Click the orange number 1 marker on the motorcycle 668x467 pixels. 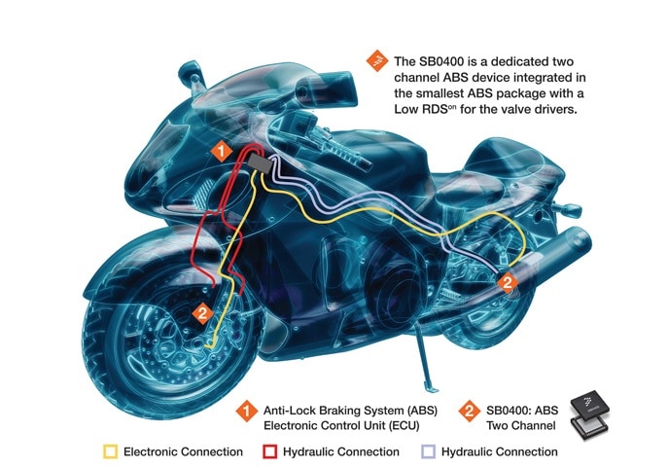pyautogui.click(x=223, y=151)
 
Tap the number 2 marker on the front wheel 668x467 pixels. pyautogui.click(x=201, y=313)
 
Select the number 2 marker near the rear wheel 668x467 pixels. pyautogui.click(x=507, y=282)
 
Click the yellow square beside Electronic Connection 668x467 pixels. pyautogui.click(x=110, y=451)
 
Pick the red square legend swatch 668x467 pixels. pyautogui.click(x=271, y=451)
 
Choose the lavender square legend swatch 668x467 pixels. pyautogui.click(x=429, y=451)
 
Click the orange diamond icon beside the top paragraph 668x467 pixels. pyautogui.click(x=373, y=60)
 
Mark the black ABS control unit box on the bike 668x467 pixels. pyautogui.click(x=258, y=160)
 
